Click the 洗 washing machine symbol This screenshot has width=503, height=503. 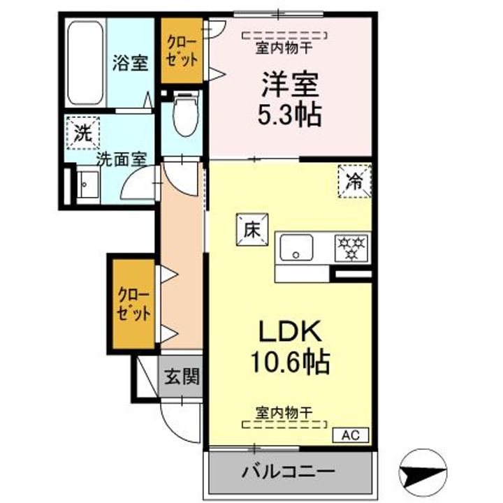coord(82,133)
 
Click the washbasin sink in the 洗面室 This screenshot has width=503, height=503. coord(88,185)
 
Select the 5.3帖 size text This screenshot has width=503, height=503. coord(289,115)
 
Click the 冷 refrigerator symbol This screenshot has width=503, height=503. coord(354,182)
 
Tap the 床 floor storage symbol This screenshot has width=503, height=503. coord(251,228)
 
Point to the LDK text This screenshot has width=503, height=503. coord(289,330)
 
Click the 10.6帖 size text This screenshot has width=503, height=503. coord(289,361)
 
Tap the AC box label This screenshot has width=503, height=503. coord(354,435)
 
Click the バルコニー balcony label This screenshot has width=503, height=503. coord(289,471)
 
